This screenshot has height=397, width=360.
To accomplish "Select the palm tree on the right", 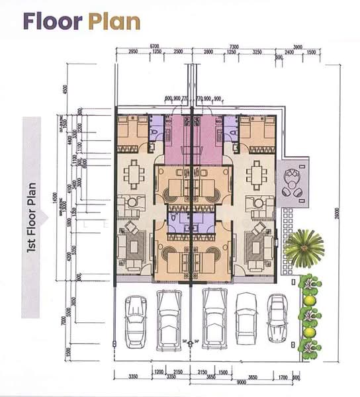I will point(304,247).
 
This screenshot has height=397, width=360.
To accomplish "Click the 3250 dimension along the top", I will point(257,52).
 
